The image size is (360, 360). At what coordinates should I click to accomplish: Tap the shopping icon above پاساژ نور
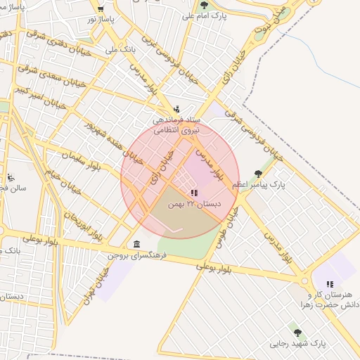pyautogui.click(x=101, y=9)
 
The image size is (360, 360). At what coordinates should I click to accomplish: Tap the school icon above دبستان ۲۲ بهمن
pyautogui.click(x=194, y=193)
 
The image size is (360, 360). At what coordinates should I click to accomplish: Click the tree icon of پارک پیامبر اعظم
pyautogui.click(x=258, y=172)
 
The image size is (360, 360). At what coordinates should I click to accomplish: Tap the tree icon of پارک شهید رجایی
pyautogui.click(x=297, y=333)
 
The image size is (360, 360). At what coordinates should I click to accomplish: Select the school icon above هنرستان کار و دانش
pyautogui.click(x=330, y=284)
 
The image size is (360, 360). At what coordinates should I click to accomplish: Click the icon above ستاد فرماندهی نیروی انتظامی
pyautogui.click(x=176, y=109)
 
